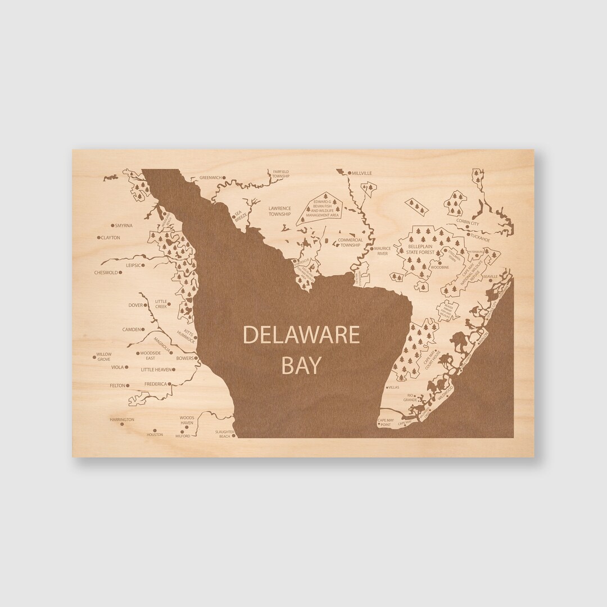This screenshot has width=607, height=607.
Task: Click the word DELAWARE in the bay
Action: [301, 336]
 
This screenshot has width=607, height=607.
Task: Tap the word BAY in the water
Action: [301, 365]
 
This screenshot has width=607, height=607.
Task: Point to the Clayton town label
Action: [111, 238]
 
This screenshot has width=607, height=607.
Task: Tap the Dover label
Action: [135, 305]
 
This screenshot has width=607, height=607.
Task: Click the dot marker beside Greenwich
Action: [224, 178]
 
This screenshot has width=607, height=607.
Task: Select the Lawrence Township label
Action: [279, 211]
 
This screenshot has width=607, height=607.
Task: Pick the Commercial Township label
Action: [350, 243]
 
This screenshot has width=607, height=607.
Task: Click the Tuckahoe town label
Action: [483, 239]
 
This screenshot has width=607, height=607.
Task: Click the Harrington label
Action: [122, 420]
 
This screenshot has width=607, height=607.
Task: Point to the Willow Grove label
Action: [103, 356]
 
